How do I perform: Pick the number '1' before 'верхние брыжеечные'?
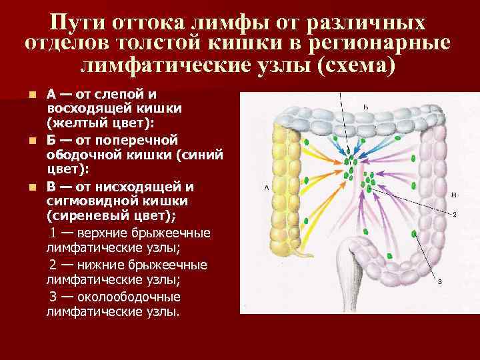pos(55,233)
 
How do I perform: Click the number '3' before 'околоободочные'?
pos(54,296)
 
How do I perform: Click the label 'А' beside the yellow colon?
pos(267,189)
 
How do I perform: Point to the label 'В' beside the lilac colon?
pos(453,195)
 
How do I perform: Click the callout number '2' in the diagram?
pos(454,215)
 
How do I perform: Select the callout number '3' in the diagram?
pos(441,281)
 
